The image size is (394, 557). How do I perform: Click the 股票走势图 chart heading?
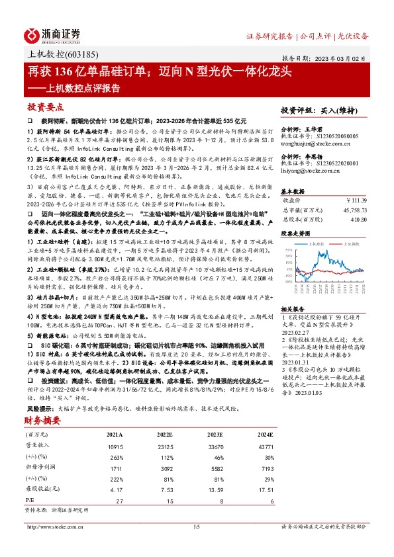tap(295, 234)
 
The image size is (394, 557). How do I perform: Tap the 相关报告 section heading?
tap(293, 290)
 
